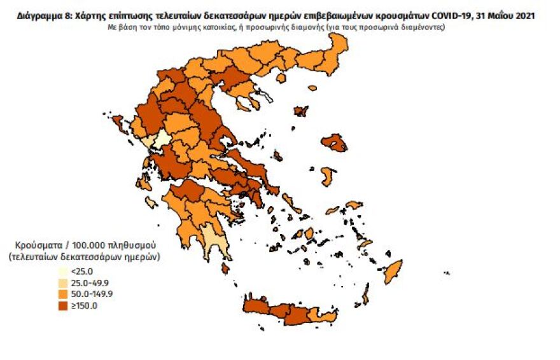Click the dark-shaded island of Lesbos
click(333, 142)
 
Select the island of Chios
click(327, 176)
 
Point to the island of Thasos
click(312, 88)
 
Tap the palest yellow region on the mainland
click(162, 139)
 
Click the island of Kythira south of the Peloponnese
click(225, 268)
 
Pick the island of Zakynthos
click(151, 203)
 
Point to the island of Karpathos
click(365, 294)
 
